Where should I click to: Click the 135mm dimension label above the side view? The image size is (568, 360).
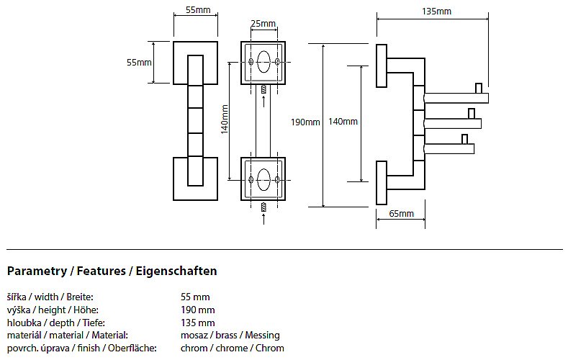(x=436, y=11)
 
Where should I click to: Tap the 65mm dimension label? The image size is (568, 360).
(x=401, y=214)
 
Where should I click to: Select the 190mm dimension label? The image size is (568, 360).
(x=305, y=122)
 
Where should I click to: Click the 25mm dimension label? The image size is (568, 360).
(x=263, y=24)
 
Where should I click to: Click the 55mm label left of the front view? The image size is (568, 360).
(x=138, y=63)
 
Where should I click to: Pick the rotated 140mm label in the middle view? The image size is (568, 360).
(x=225, y=120)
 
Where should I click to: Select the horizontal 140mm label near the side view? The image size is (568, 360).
(x=343, y=122)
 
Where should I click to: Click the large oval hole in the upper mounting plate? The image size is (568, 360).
(x=263, y=62)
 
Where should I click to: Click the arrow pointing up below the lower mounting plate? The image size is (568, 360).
(x=263, y=219)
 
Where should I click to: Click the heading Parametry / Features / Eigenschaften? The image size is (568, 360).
(x=112, y=271)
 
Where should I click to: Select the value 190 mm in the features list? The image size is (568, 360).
(x=198, y=310)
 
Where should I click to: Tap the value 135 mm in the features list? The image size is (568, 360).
(x=198, y=323)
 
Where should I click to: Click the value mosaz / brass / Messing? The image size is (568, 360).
(x=230, y=335)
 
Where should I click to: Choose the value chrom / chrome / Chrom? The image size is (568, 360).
(x=233, y=348)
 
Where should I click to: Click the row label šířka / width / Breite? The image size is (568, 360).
(x=50, y=297)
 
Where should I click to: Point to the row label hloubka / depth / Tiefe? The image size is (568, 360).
(x=54, y=323)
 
